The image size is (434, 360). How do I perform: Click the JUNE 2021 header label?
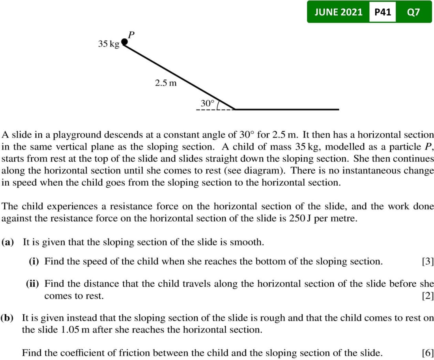(x=338, y=12)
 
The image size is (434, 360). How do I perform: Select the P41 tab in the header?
(x=382, y=12)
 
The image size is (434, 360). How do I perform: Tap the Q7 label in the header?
(x=413, y=12)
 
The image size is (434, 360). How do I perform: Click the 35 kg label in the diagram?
(x=108, y=44)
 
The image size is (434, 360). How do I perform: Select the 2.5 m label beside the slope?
(x=166, y=83)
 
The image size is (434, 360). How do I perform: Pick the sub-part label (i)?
(x=35, y=261)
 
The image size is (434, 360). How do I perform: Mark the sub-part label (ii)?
(x=34, y=284)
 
